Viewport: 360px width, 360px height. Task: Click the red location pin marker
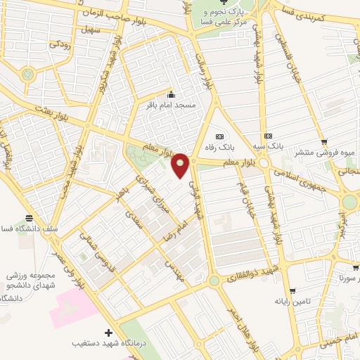(x=181, y=165)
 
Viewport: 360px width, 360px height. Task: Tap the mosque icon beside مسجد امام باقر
(x=170, y=94)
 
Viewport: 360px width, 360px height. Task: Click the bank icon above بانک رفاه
(x=219, y=136)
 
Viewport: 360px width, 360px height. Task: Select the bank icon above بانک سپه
(x=267, y=136)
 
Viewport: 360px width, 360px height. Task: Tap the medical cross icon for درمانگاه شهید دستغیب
(x=108, y=332)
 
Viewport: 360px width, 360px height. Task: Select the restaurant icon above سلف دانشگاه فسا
(x=28, y=218)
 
